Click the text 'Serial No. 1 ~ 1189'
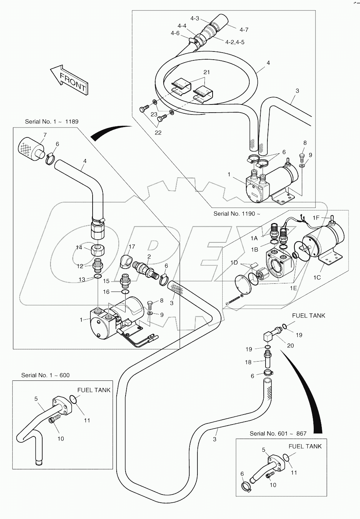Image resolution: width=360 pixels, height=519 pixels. click(x=51, y=122)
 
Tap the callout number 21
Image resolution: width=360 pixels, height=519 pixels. click(x=207, y=72)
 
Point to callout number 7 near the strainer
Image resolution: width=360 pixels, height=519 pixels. click(x=45, y=134)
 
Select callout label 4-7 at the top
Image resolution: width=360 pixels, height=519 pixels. click(x=244, y=30)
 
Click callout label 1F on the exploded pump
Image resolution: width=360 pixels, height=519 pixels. click(x=316, y=218)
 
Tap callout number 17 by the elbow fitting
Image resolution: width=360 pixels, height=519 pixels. click(x=132, y=246)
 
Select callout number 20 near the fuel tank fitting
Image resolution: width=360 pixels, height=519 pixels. click(x=290, y=345)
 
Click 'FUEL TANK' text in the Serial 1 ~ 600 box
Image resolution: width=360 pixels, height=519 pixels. click(x=94, y=390)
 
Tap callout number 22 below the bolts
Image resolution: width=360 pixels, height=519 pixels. click(x=158, y=133)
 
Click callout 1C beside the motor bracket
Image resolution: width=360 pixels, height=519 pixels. click(x=317, y=277)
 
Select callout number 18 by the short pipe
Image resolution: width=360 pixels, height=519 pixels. click(x=248, y=362)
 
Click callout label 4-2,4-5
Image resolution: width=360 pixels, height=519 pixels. click(x=235, y=42)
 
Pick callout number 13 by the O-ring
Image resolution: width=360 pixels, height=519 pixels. click(x=81, y=279)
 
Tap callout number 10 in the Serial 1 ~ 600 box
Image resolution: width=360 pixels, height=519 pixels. click(x=60, y=438)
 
